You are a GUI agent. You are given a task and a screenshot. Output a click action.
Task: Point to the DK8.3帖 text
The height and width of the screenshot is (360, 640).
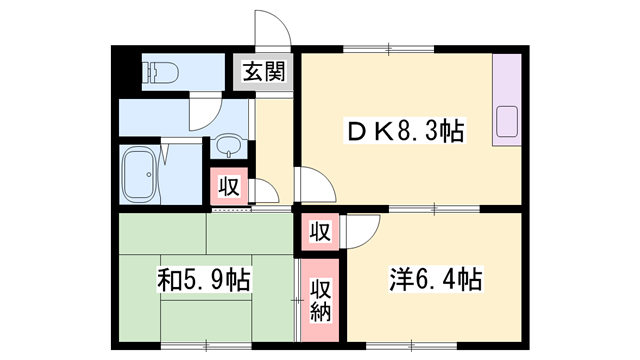point(404,131)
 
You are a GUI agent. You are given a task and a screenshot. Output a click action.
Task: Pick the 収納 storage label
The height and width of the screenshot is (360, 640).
point(320,301)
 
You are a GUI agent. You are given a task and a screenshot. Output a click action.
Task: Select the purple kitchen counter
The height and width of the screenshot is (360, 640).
point(506,99)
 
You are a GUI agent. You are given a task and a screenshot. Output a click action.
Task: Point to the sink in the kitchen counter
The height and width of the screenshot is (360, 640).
point(506,126)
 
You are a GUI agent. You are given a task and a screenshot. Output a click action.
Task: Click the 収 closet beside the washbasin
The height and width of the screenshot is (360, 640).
point(228,187)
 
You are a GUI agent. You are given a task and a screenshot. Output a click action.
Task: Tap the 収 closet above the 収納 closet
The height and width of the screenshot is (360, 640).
point(319,233)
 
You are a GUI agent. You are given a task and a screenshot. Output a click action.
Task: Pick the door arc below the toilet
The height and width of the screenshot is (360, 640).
point(200,115)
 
